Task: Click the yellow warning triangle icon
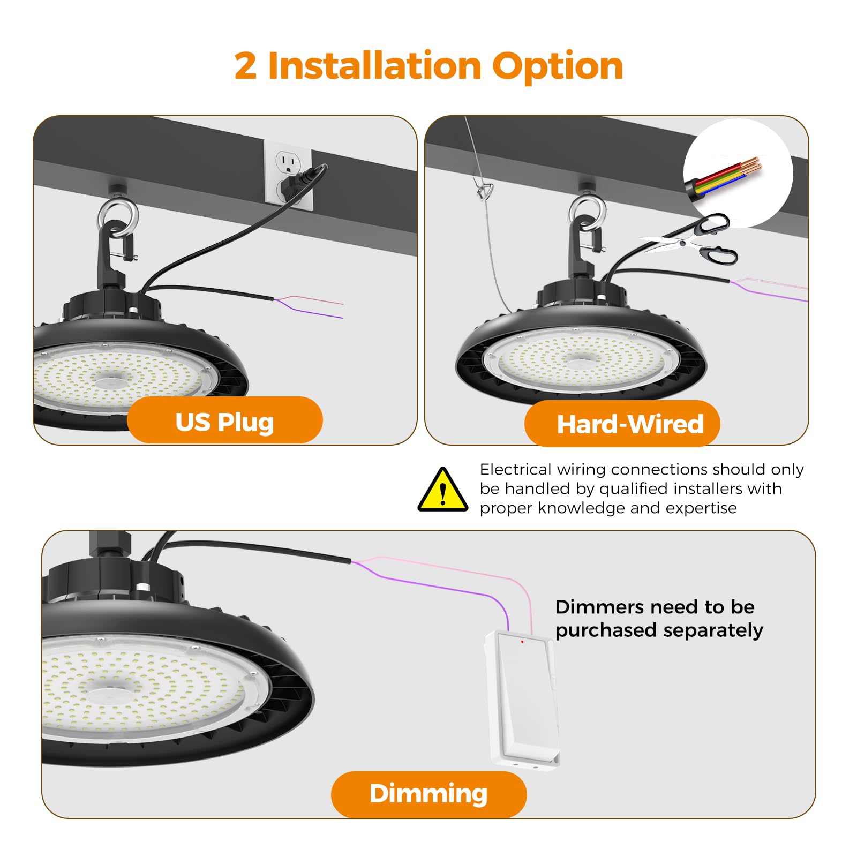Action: tap(442, 491)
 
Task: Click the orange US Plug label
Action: tap(224, 422)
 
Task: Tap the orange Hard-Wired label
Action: tap(622, 424)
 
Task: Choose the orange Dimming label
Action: tap(428, 794)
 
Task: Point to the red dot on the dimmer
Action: tap(522, 641)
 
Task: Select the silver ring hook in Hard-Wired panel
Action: tap(587, 212)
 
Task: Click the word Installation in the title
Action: tap(374, 66)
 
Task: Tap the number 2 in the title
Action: tap(245, 66)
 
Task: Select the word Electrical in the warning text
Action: tap(515, 470)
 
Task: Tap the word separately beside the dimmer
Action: tap(712, 630)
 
